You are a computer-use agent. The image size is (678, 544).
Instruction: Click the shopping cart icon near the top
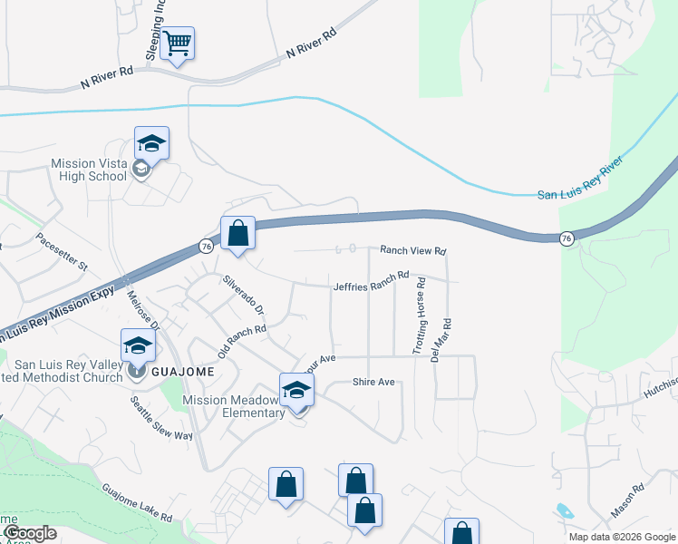pos(179,44)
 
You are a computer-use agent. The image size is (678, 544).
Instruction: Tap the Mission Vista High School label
pos(89,170)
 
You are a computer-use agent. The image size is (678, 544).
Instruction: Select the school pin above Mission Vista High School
pos(152,143)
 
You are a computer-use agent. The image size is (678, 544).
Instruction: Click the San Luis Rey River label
pos(580,193)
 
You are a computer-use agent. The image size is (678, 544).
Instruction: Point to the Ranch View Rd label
pos(413,249)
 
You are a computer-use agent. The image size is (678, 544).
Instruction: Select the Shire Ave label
pos(373,382)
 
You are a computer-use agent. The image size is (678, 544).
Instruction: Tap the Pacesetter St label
pos(62,252)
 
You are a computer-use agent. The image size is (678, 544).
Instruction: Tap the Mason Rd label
pos(626,500)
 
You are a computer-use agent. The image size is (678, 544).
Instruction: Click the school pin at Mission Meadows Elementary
pos(296,391)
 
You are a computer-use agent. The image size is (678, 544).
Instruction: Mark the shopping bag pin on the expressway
pos(237,233)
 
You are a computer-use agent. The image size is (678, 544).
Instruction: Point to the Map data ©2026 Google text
pos(621,537)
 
